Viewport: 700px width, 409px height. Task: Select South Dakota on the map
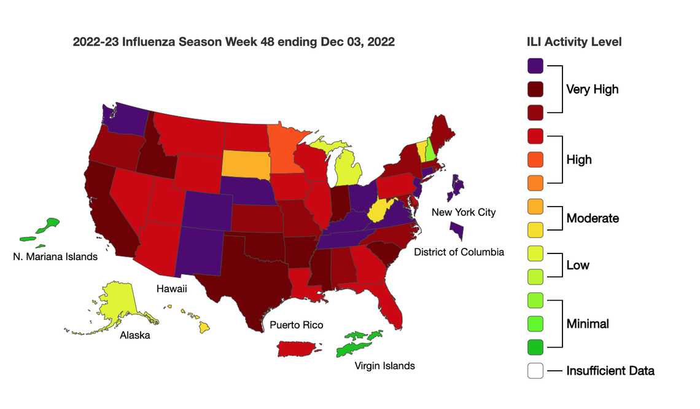[244, 163]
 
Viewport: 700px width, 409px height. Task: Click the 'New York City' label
[463, 213]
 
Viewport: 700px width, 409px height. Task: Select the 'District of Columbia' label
[459, 252]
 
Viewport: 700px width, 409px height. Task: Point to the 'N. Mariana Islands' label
[55, 256]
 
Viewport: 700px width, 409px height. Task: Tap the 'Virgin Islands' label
[385, 366]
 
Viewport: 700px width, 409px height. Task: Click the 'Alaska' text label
[135, 335]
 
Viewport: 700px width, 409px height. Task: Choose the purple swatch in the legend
[535, 66]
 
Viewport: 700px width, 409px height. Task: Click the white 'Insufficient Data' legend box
[535, 371]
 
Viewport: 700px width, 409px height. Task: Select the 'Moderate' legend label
[592, 218]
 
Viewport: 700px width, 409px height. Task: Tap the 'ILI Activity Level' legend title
[574, 42]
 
